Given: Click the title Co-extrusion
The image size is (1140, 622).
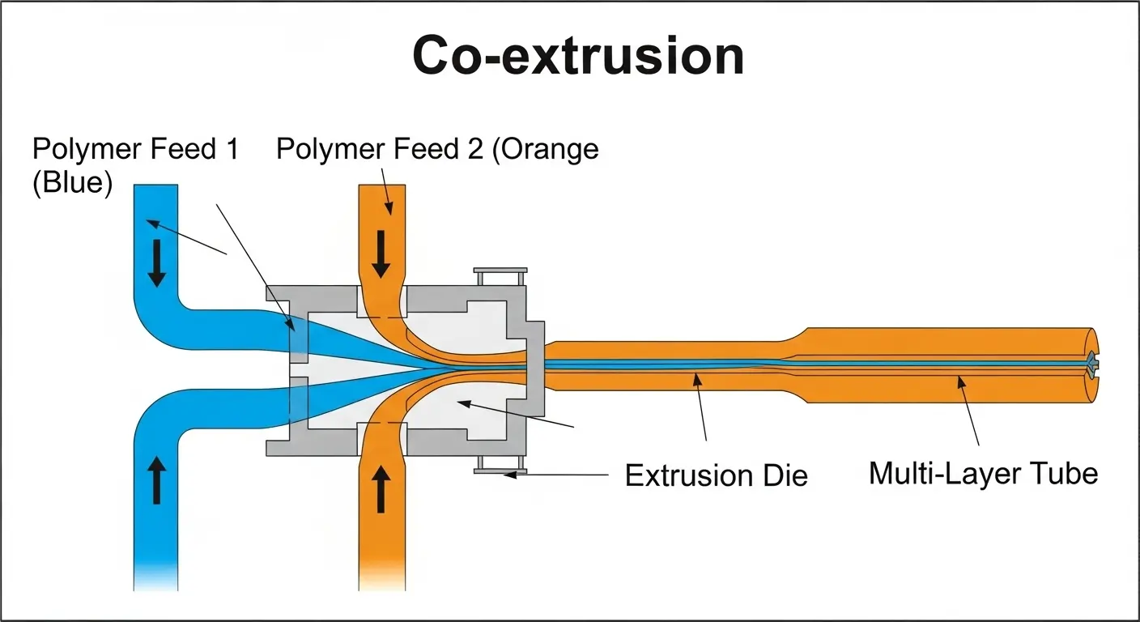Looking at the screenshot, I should [577, 57].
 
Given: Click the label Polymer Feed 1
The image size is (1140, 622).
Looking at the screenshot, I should [135, 150].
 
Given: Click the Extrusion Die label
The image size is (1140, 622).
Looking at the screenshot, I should [717, 475].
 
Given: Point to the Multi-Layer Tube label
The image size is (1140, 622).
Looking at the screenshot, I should [983, 472].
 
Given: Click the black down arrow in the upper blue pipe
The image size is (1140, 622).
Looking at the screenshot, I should [156, 267].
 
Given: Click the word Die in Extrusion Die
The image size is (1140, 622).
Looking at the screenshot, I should [785, 475].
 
